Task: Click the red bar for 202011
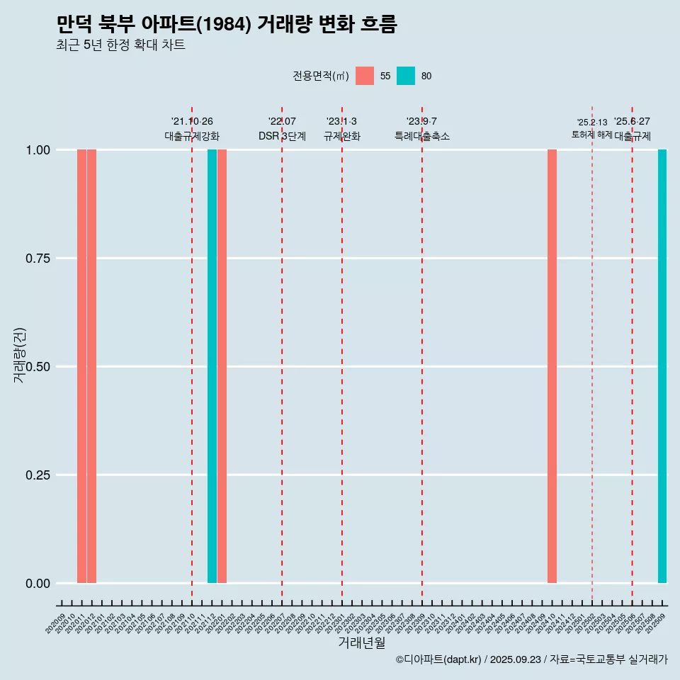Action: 81,366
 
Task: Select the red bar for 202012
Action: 91,366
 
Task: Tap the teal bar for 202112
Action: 212,366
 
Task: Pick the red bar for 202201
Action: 222,366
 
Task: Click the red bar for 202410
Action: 552,366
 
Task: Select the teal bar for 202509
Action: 662,366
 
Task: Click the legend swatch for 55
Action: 365,76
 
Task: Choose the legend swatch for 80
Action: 406,76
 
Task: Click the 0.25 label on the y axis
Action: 38,475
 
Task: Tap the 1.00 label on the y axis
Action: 38,150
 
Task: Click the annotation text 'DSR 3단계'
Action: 282,136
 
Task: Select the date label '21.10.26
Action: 192,122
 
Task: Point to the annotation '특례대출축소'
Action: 422,136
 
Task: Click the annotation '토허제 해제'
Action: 591,135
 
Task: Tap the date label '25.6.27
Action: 632,122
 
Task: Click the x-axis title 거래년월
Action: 361,642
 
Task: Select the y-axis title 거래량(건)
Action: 19,355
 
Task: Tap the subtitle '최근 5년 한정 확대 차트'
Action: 120,46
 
